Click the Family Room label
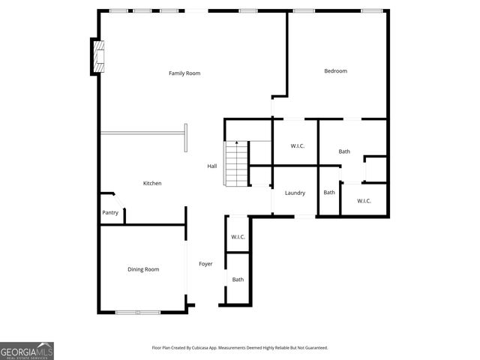pyautogui.click(x=184, y=73)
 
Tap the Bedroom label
pyautogui.click(x=335, y=71)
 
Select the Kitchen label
pyautogui.click(x=152, y=183)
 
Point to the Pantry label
pyautogui.click(x=110, y=212)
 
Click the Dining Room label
pyautogui.click(x=143, y=269)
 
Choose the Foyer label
pyautogui.click(x=205, y=264)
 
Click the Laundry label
pyautogui.click(x=295, y=193)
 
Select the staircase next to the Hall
pyautogui.click(x=236, y=165)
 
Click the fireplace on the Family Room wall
pyautogui.click(x=97, y=56)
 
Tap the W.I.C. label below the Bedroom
pyautogui.click(x=287, y=146)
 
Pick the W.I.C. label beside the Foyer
pyautogui.click(x=238, y=237)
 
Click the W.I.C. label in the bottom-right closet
pyautogui.click(x=364, y=200)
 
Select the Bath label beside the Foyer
pyautogui.click(x=238, y=280)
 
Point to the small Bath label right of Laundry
pyautogui.click(x=329, y=193)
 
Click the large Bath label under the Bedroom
pyautogui.click(x=344, y=151)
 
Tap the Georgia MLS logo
pyautogui.click(x=27, y=351)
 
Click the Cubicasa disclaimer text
pyautogui.click(x=239, y=348)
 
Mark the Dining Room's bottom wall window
pyautogui.click(x=137, y=312)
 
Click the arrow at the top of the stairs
pyautogui.click(x=236, y=143)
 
